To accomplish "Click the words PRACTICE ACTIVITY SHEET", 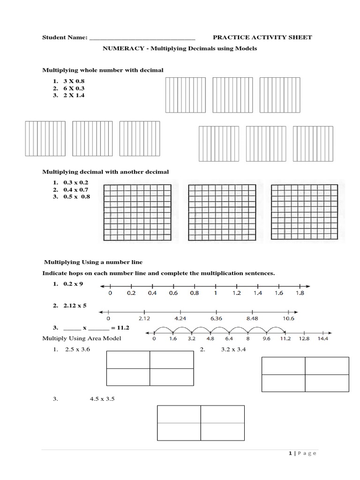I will [x=262, y=37].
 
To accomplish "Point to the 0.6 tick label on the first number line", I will [x=173, y=293].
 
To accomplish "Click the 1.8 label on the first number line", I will [x=300, y=293].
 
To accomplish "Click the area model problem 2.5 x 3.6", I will [x=77, y=350].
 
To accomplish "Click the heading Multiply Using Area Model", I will [x=82, y=338].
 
